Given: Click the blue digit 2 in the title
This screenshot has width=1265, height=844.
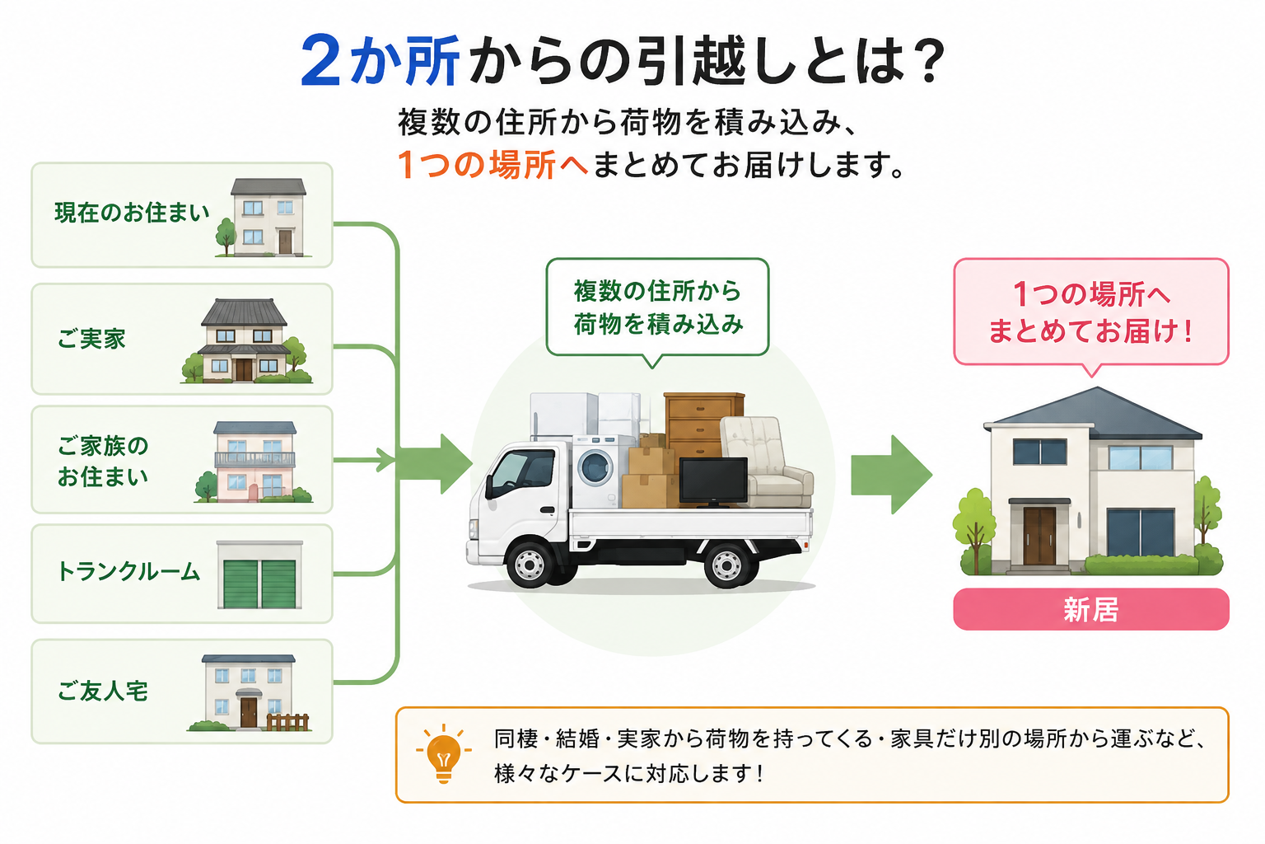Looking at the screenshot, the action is pos(320,60).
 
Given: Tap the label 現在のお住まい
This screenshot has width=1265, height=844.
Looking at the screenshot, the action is pos(132,213).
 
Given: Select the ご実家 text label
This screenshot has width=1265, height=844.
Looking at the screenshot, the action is pos(91,339).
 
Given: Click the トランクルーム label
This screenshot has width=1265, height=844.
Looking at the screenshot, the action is pos(128,571).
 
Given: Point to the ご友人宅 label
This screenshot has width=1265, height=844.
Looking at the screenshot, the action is pos(103,691).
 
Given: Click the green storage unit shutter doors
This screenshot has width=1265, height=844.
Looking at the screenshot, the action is pos(259,584).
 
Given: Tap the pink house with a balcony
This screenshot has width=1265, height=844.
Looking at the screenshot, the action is pos(254,462).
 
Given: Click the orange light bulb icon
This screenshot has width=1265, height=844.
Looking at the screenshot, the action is pos(444,755).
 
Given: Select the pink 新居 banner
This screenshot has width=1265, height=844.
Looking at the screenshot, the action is pos(1091,609).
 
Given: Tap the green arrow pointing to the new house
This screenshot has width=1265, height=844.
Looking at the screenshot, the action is pos(891,475).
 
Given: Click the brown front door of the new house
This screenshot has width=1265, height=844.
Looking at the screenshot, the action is pos(1039,536).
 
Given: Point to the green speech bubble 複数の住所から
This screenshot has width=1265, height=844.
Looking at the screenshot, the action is pos(657,307).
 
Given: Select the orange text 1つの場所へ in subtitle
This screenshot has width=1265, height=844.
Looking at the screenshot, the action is pos(492,165).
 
